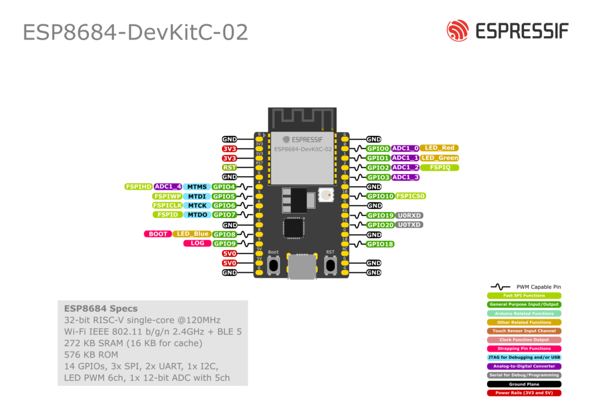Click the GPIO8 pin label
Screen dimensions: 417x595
[224, 234]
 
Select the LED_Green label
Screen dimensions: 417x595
[439, 158]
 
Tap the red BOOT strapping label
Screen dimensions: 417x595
[157, 234]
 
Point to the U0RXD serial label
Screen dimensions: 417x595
[409, 215]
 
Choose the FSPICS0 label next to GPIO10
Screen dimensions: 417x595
[411, 196]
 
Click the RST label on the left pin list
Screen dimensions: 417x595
[230, 167]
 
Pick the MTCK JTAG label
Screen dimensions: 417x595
[196, 205]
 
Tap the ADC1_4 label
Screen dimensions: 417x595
[168, 187]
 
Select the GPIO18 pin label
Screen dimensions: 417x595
[381, 244]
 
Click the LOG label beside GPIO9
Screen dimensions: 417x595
[197, 243]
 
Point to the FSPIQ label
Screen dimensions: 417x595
[440, 167]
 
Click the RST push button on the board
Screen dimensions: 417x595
[330, 265]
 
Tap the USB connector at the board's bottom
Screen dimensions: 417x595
[302, 268]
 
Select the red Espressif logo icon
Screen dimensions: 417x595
[457, 31]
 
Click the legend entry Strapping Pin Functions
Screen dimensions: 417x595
[524, 348]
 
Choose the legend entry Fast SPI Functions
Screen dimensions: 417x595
[524, 295]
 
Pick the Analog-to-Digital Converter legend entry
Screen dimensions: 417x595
[524, 366]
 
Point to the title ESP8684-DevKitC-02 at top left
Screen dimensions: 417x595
[135, 33]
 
